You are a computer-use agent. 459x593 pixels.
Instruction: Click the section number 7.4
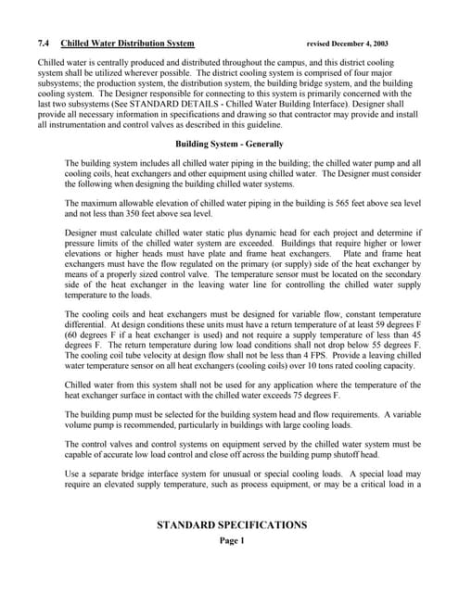pyautogui.click(x=44, y=44)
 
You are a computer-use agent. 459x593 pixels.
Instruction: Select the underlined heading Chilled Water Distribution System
pyautogui.click(x=128, y=44)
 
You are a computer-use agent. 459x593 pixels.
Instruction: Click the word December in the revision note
pyautogui.click(x=348, y=44)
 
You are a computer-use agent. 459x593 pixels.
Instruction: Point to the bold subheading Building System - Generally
pyautogui.click(x=229, y=145)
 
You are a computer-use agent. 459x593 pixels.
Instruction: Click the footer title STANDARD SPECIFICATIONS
pyautogui.click(x=231, y=525)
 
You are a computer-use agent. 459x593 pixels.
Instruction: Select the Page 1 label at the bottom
pyautogui.click(x=231, y=541)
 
